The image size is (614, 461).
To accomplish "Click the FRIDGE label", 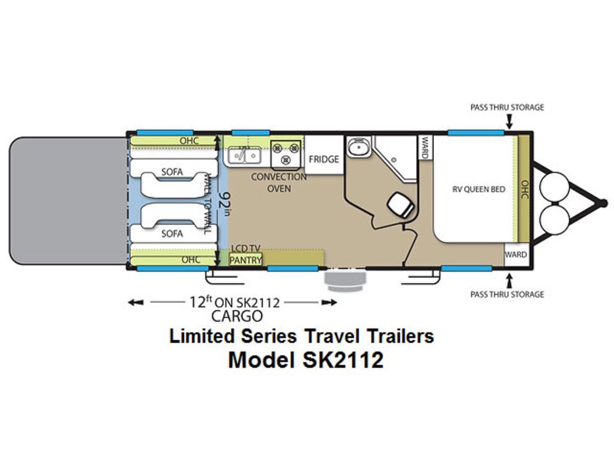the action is click(x=323, y=159).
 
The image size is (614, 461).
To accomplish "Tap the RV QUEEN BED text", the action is click(x=478, y=189).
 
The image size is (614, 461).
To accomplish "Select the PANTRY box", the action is click(x=245, y=259).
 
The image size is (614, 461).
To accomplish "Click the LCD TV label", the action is click(x=245, y=249).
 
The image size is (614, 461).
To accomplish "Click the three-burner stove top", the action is click(x=286, y=153).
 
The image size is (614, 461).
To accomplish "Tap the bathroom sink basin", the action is click(x=358, y=148).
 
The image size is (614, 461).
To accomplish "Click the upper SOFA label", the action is click(x=172, y=172).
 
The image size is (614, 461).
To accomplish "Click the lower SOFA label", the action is click(x=172, y=234).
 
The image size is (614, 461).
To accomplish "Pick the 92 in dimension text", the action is click(x=225, y=203).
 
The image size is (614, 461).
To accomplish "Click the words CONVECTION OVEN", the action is click(x=279, y=182).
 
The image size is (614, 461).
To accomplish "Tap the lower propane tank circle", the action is click(x=554, y=218).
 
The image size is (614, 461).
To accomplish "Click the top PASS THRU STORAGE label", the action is click(x=507, y=107).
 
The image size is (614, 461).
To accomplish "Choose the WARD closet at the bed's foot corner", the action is click(x=516, y=255).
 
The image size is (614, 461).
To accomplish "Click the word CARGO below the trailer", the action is click(x=237, y=316).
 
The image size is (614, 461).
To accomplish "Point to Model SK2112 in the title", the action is click(x=305, y=360).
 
